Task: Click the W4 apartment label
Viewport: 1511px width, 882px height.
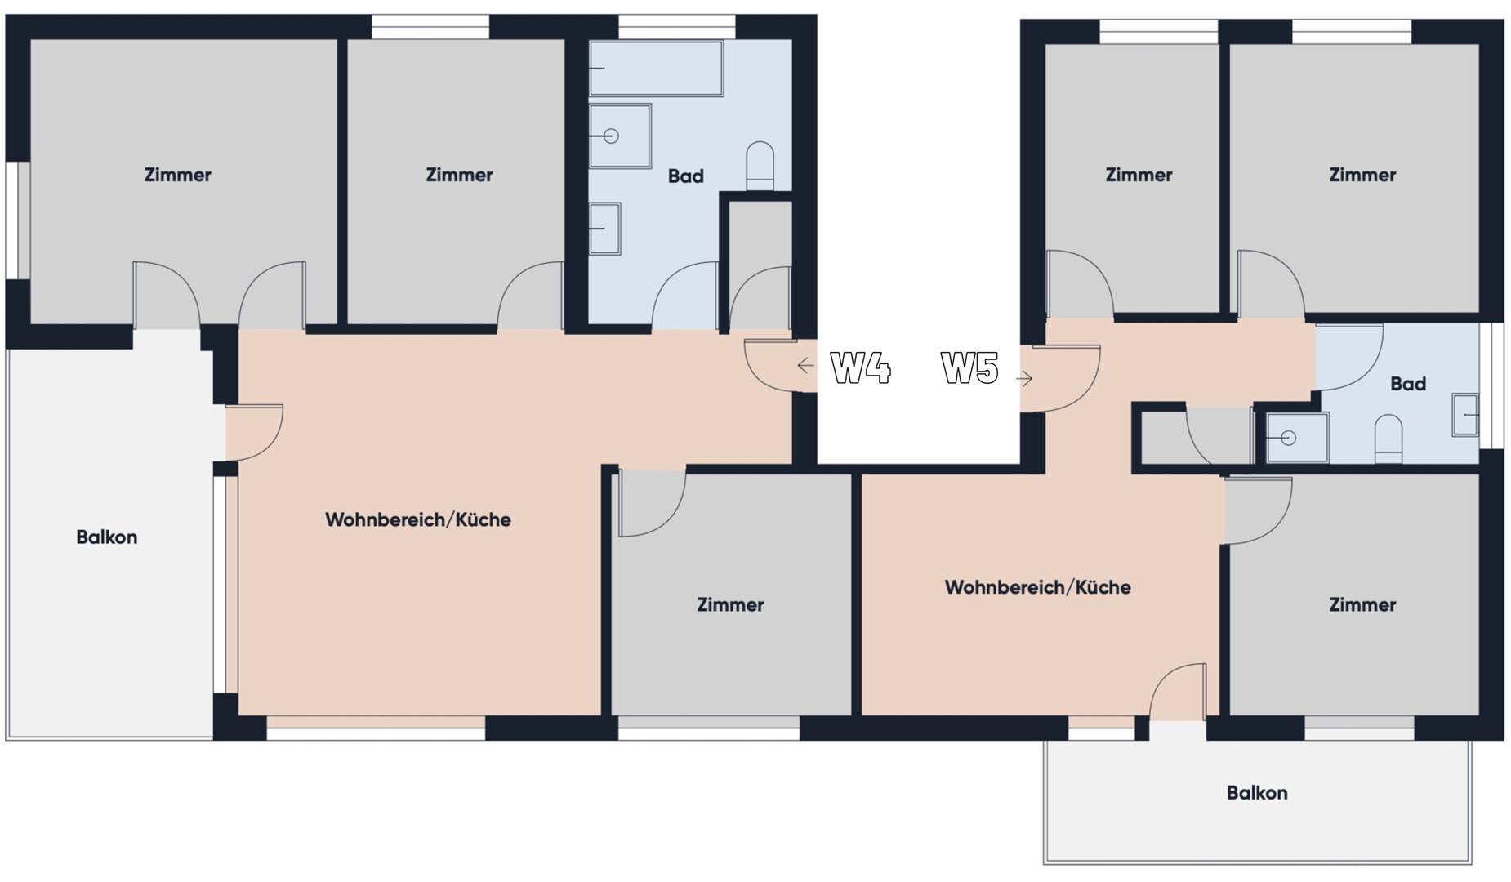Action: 860,367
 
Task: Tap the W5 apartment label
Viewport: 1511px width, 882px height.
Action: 969,367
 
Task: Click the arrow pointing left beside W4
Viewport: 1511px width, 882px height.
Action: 805,366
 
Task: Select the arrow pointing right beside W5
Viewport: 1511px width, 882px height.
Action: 1024,378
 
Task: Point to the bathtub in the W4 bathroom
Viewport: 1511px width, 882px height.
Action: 656,69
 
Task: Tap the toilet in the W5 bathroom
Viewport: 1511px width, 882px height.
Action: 1388,439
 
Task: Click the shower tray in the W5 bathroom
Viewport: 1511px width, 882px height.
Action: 1297,438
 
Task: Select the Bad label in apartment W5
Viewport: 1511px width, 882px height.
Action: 1408,384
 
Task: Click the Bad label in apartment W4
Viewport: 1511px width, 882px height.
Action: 685,176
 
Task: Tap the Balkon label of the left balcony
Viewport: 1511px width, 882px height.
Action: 107,537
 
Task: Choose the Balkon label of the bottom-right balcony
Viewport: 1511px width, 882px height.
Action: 1257,793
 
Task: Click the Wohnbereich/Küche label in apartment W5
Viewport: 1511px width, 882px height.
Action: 1037,587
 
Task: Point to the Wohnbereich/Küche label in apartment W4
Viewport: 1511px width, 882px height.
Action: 418,519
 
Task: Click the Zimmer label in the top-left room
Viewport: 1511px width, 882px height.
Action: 178,175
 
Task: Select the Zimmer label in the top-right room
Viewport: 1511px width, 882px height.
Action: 1362,175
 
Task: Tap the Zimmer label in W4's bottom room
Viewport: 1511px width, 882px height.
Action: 730,605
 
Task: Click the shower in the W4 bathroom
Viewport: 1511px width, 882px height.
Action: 620,136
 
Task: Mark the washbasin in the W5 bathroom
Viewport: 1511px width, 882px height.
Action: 1465,415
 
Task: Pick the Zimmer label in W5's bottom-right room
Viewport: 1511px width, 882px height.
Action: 1362,605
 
